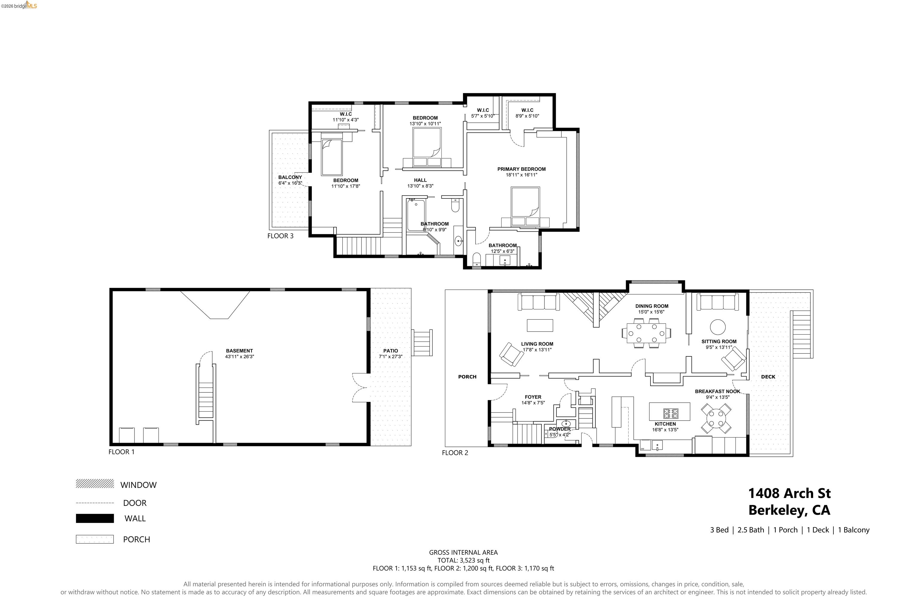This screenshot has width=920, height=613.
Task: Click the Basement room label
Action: click(239, 351)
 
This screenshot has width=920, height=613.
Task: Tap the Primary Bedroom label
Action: click(521, 169)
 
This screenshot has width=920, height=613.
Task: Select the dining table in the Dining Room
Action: click(646, 333)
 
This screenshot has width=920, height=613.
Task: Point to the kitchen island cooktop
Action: click(671, 413)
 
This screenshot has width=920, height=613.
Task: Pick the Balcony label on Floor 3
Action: click(290, 177)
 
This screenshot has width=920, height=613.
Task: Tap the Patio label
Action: click(391, 351)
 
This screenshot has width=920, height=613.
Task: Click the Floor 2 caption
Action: click(455, 453)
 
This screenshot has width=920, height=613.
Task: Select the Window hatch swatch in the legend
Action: click(95, 484)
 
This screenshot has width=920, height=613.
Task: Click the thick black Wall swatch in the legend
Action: click(95, 518)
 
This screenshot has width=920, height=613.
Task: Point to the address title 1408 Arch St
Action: click(789, 493)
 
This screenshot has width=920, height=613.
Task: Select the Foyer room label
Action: click(533, 397)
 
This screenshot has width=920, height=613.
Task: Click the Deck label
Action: click(768, 377)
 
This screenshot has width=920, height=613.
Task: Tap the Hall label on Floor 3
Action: click(420, 180)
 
